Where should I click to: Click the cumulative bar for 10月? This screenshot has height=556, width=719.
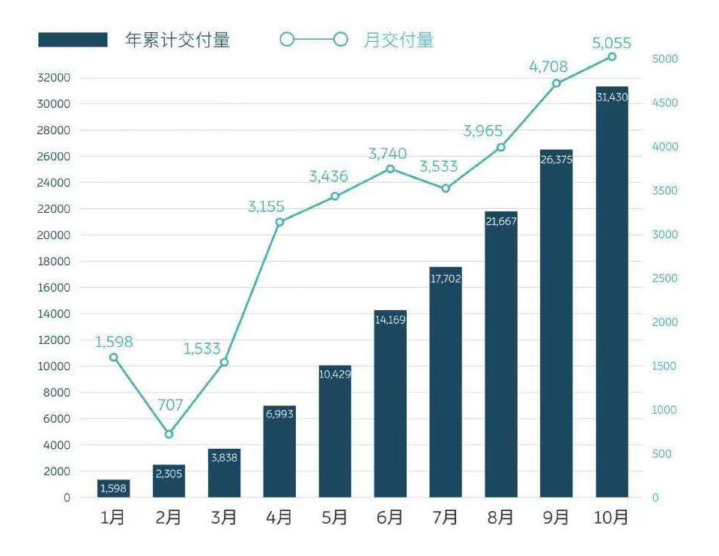coord(612,300)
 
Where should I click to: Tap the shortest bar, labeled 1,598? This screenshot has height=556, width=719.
coord(113,489)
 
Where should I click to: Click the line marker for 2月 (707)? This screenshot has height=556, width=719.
coord(169,434)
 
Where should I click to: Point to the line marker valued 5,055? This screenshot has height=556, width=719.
coord(612,57)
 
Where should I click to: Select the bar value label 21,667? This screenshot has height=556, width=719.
coord(501,221)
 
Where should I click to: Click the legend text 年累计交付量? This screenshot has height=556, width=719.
coord(178,40)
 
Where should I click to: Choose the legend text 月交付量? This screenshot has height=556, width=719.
coord(398,40)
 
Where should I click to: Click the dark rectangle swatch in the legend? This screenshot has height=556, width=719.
coord(73,40)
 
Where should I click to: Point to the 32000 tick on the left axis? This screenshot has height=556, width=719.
coord(53,78)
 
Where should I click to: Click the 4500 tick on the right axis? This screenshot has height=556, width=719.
coord(664,103)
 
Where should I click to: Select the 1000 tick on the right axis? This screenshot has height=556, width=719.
coord(664,410)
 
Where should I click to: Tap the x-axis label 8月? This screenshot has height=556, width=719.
coord(500,518)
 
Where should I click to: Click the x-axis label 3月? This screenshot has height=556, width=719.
coord(223,518)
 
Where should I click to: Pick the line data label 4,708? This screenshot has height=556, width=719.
coord(548,67)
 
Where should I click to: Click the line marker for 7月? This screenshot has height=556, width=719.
coord(446,188)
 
